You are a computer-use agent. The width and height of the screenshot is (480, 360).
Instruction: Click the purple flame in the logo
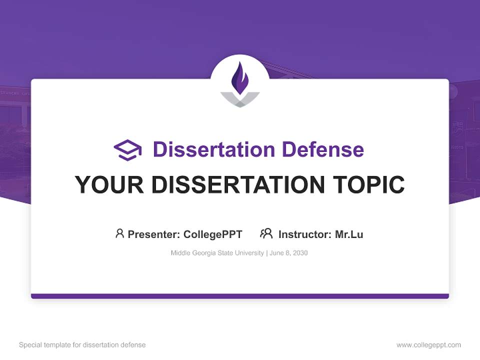point(240,78)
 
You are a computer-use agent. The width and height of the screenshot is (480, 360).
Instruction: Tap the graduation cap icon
point(127,150)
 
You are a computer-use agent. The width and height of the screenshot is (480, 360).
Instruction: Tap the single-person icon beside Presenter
point(119,233)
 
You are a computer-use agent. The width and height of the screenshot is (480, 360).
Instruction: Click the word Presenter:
point(153,234)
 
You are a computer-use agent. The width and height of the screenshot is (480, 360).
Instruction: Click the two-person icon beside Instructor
point(266,233)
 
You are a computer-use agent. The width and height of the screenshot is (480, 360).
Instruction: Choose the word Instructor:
point(304,234)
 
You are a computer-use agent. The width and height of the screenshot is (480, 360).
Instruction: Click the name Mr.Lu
point(349,234)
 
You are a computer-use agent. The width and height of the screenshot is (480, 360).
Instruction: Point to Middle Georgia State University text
point(217,253)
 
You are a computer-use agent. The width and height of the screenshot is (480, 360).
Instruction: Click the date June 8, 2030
point(289,253)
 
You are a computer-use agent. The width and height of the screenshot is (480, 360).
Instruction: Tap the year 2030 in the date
point(300,253)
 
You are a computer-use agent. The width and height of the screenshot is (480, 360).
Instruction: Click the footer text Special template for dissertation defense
point(82,345)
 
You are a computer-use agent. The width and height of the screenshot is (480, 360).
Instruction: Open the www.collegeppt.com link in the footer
point(428,345)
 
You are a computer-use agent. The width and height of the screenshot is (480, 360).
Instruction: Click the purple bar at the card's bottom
point(240,296)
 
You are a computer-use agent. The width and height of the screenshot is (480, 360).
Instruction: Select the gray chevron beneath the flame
point(240,99)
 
